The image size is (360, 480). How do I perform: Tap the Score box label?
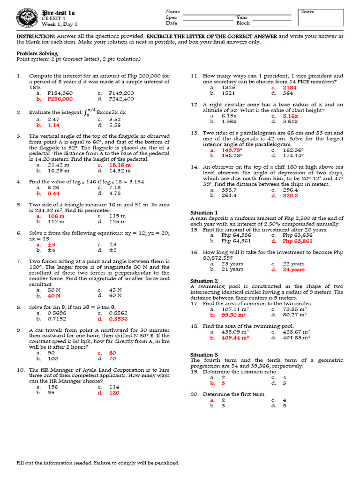307,12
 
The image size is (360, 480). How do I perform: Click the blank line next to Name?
237,12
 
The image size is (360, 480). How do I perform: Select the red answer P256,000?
60,99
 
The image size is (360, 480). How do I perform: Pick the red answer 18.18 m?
120,165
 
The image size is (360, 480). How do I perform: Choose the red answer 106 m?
56,216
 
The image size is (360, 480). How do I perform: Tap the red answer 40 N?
54,295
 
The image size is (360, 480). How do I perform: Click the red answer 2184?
290,88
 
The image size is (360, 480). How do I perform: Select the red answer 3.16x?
290,115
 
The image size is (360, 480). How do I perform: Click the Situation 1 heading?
204,213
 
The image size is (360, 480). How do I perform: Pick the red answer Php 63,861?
297,241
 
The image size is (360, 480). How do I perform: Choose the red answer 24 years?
293,270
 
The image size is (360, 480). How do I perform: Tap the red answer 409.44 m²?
235,337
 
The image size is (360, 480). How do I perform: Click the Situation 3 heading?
204,355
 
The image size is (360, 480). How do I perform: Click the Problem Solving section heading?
37,53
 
